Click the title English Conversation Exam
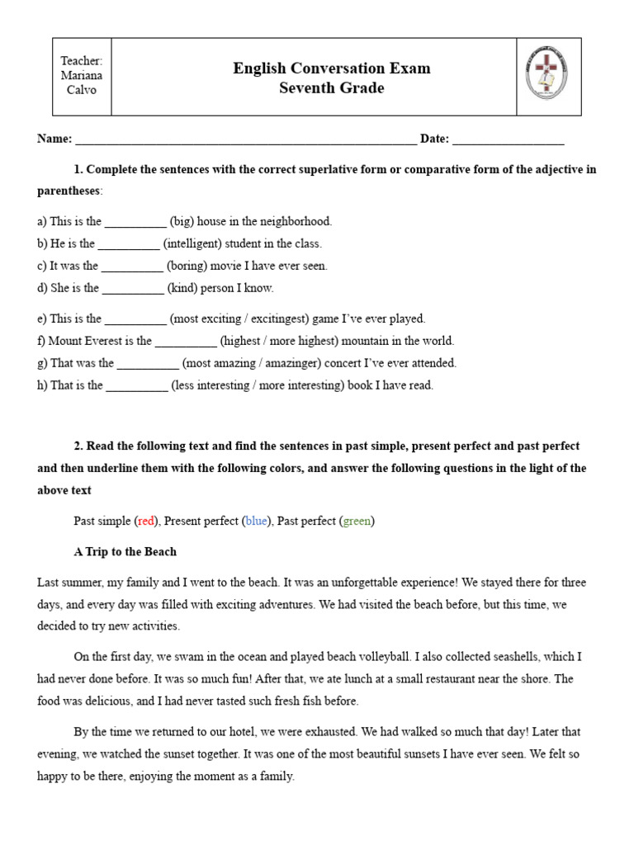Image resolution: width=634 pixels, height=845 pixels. pyautogui.click(x=331, y=68)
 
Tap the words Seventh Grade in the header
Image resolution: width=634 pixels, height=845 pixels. pyautogui.click(x=331, y=88)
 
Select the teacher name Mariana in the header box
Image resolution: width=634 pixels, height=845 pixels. pyautogui.click(x=82, y=76)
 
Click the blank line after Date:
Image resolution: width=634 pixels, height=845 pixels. pyautogui.click(x=509, y=139)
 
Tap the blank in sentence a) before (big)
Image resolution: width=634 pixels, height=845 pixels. pyautogui.click(x=136, y=222)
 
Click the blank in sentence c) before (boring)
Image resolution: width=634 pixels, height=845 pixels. pyautogui.click(x=133, y=267)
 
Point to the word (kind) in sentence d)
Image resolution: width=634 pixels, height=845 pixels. pyautogui.click(x=182, y=289)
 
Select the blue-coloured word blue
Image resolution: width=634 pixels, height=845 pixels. pyautogui.click(x=256, y=521)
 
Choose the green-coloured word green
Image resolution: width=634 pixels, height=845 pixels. pyautogui.click(x=357, y=521)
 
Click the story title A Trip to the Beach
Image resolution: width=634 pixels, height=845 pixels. pyautogui.click(x=125, y=552)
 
